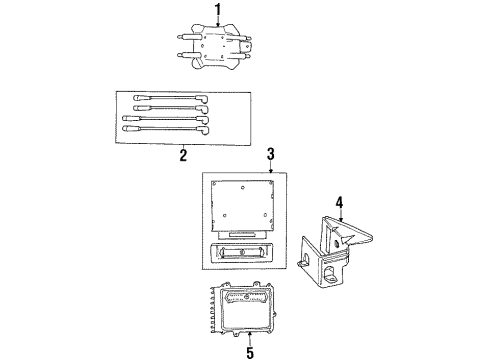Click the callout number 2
tap(182, 155)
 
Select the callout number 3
tap(269, 153)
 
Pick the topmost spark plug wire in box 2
tap(165, 100)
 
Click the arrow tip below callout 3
tap(269, 171)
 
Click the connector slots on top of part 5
tap(250, 297)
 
